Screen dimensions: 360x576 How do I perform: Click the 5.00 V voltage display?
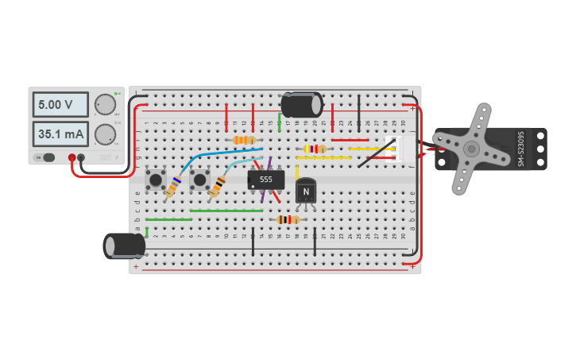click(x=61, y=104)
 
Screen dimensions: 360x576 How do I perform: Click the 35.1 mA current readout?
click(x=61, y=134)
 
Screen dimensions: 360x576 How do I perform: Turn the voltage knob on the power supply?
click(x=105, y=104)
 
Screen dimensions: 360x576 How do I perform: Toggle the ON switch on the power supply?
click(x=49, y=157)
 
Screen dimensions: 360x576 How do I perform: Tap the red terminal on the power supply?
click(x=72, y=157)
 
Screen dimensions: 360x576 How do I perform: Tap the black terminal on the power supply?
click(x=81, y=157)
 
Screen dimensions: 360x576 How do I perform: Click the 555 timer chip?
click(x=265, y=180)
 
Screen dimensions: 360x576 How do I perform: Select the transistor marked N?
click(x=306, y=192)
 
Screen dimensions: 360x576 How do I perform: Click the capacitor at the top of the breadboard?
click(x=302, y=105)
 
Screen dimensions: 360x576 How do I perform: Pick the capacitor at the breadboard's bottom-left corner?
click(x=124, y=246)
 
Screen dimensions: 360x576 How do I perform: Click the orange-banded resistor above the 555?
click(x=244, y=140)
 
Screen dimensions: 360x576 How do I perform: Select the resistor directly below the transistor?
click(x=288, y=219)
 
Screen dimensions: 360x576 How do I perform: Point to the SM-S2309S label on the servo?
click(x=521, y=149)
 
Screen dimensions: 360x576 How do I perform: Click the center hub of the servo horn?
click(x=471, y=149)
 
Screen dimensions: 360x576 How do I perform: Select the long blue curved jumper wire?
click(x=218, y=156)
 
